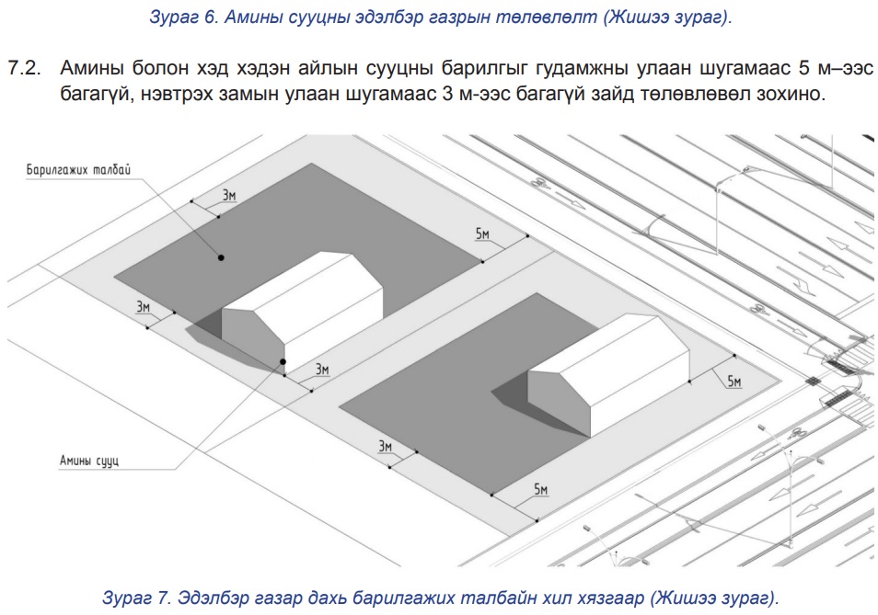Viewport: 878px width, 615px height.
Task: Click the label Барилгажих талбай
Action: pos(78,169)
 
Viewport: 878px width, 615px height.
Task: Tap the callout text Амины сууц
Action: pos(89,461)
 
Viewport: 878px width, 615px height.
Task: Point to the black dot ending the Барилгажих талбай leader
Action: pos(221,257)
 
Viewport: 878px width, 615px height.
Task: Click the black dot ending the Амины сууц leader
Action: pos(283,361)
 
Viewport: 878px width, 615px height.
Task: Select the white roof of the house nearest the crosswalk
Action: pos(608,350)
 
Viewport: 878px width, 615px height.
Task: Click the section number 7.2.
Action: pos(25,68)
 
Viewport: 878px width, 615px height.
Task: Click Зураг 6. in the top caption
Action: pos(183,17)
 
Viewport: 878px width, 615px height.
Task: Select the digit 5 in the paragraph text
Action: pos(804,68)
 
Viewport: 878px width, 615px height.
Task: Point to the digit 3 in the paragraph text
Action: pos(447,93)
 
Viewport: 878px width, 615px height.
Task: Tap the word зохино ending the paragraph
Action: pos(791,94)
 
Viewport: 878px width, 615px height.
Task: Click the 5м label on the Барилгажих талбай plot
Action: pos(482,233)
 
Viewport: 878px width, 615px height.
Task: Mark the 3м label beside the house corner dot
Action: pos(322,370)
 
